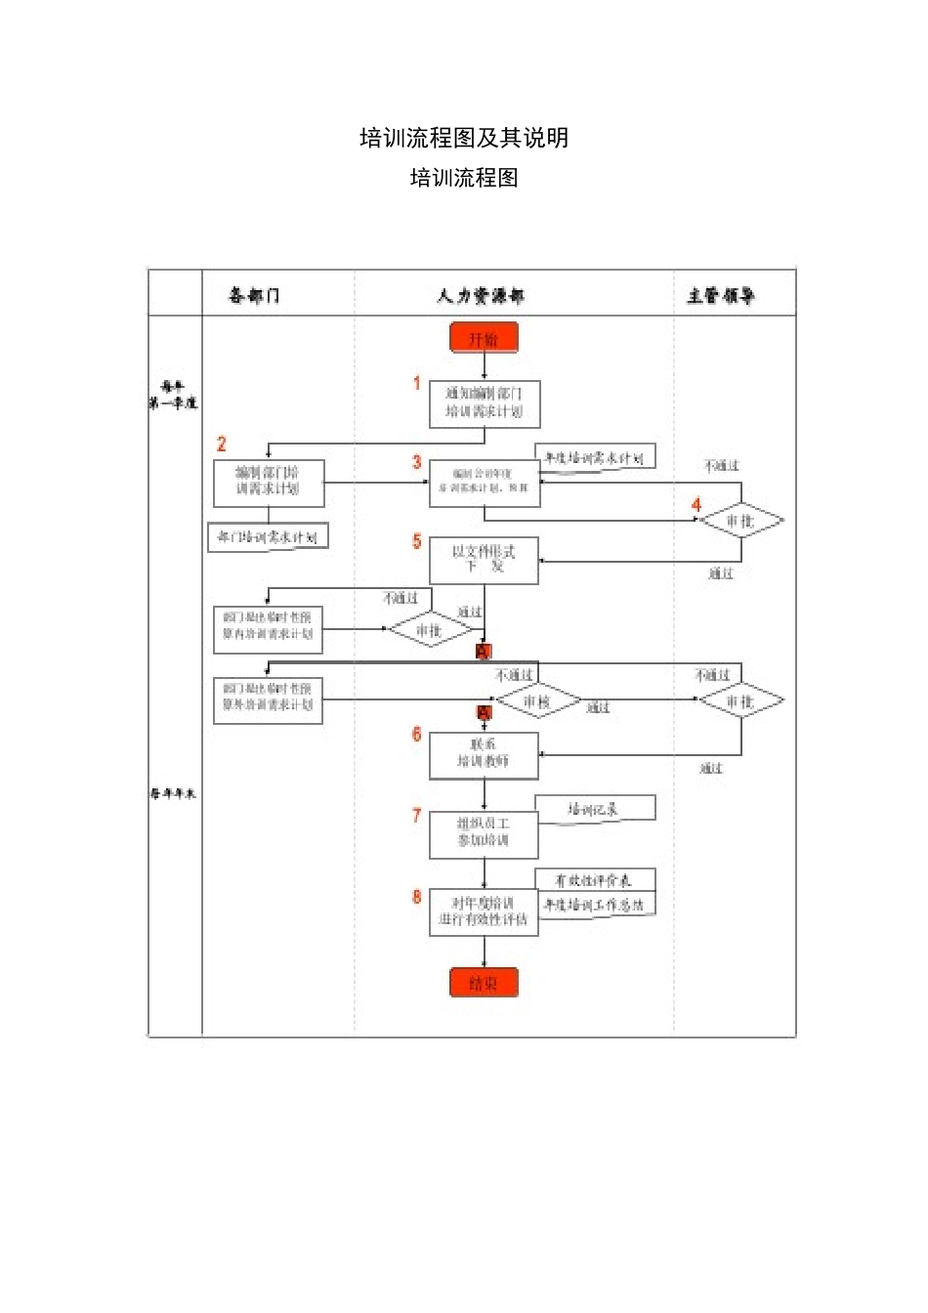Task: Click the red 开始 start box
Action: click(484, 338)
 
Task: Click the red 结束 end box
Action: click(484, 983)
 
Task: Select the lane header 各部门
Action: click(254, 295)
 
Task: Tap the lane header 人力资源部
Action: click(481, 295)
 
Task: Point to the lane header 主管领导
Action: click(721, 295)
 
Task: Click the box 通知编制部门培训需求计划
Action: click(485, 403)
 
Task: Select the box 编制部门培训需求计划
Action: click(269, 483)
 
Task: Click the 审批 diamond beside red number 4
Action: click(741, 521)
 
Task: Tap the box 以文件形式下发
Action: click(485, 560)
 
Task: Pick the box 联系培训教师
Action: click(485, 755)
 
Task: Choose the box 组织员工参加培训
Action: click(485, 833)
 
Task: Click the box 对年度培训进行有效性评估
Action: click(485, 912)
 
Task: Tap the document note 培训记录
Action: click(595, 809)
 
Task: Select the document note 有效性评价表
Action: click(595, 880)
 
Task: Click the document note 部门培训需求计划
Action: click(268, 537)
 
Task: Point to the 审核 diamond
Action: click(538, 701)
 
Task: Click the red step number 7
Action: click(417, 816)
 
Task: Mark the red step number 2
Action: click(222, 445)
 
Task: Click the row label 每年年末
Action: click(173, 794)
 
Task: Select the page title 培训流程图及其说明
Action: click(464, 138)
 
